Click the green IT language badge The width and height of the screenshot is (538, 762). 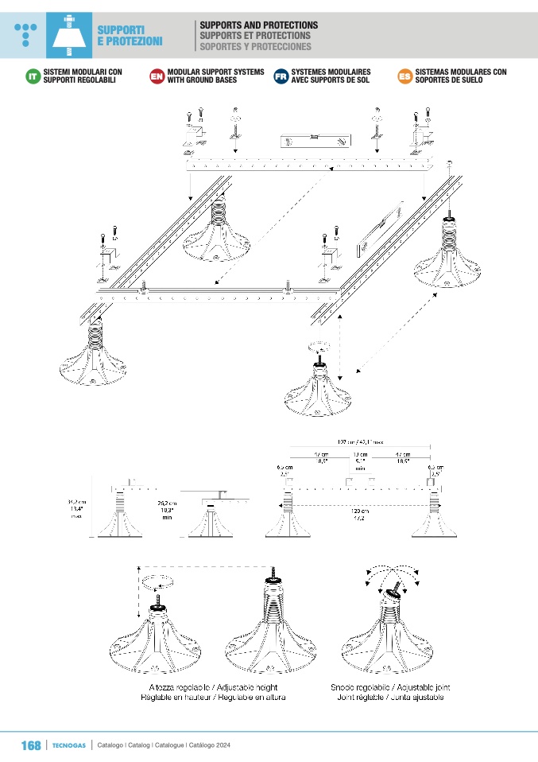point(33,76)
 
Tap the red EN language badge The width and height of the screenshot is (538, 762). point(156,76)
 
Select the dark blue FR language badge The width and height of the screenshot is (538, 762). point(280,76)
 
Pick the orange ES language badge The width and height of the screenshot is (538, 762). point(404,76)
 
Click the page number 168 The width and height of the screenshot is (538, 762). point(30,745)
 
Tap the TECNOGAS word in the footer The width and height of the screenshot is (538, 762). point(68,746)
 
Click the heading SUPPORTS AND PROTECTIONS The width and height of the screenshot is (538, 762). point(258,25)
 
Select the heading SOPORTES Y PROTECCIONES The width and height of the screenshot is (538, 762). point(255,46)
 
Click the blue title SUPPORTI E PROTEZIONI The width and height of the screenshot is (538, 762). point(130,35)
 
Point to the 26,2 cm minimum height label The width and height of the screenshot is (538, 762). point(167,509)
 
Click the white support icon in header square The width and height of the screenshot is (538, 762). point(71,36)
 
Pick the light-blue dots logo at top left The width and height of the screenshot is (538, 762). point(26,33)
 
